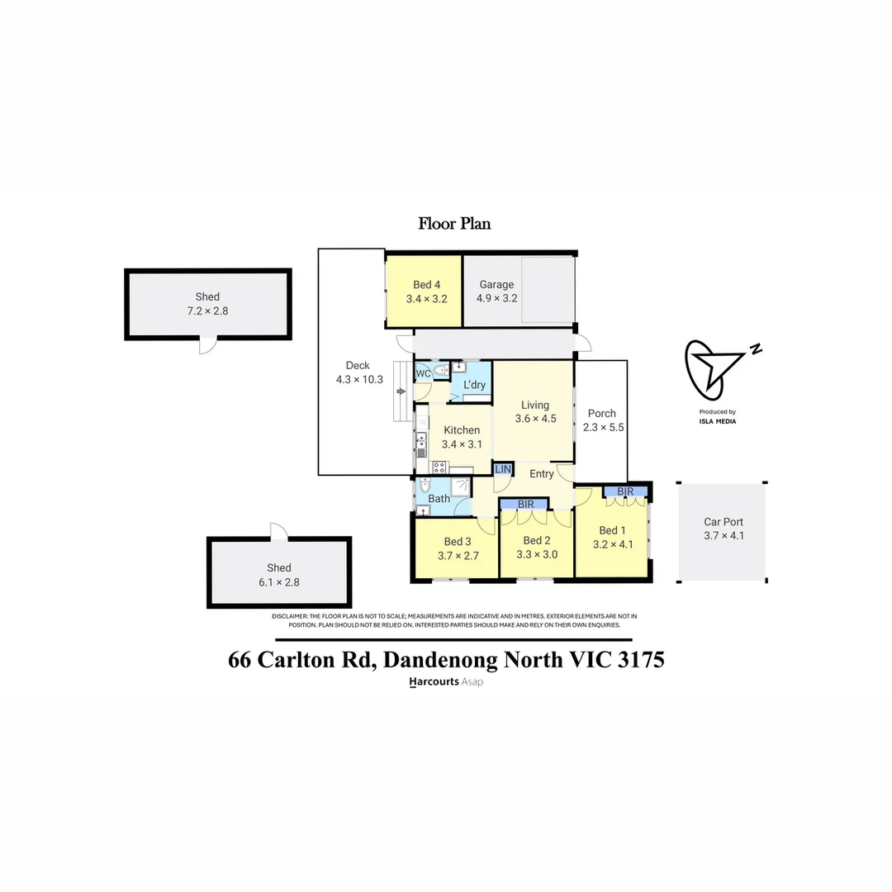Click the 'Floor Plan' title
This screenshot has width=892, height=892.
coord(454,223)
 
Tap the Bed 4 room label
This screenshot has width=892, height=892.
coord(426,292)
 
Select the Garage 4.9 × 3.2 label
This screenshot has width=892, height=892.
coord(496,292)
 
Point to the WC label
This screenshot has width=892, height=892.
coord(423,373)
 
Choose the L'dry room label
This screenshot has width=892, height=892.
coord(474,385)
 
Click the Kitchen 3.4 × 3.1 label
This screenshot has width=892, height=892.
coord(461,437)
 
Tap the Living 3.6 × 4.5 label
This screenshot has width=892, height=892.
coord(534,411)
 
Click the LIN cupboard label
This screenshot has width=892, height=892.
coord(502,469)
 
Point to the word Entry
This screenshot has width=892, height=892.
coord(542,473)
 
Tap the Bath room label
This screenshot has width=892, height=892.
coord(439,498)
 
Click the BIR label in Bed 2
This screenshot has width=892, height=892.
coord(526,504)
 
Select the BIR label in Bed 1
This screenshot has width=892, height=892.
coord(625,491)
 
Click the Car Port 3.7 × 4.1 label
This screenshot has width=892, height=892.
coord(724,529)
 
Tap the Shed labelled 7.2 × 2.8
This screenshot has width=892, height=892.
coord(207,304)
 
